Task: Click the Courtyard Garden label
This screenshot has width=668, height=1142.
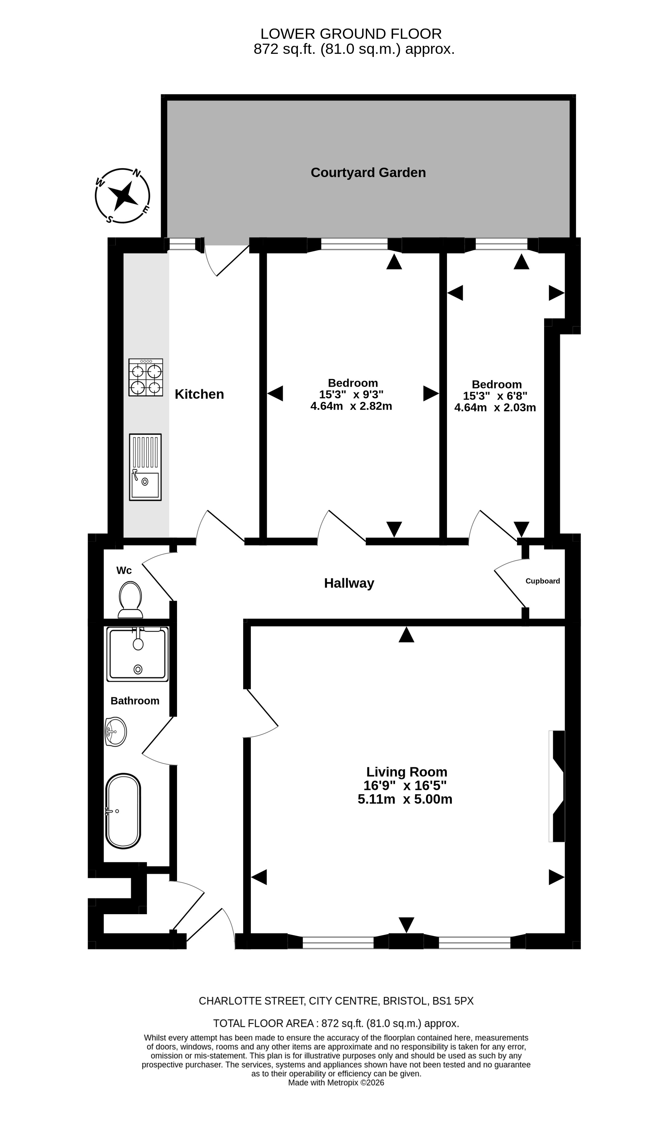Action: pos(368,173)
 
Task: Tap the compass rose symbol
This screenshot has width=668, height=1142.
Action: pos(122,196)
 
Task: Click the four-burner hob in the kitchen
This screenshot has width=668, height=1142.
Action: pos(145,377)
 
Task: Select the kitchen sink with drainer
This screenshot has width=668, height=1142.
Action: pos(145,467)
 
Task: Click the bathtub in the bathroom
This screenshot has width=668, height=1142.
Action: pos(123,811)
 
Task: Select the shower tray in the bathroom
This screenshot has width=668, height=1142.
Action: pos(137,654)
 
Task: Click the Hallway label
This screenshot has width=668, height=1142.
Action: pos(349,583)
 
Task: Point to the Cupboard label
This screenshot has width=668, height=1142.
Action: pos(543,581)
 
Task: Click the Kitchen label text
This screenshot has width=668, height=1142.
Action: pos(200,394)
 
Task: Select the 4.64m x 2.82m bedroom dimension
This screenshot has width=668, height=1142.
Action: pos(351,406)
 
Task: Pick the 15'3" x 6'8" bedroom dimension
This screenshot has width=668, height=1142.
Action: pos(495,396)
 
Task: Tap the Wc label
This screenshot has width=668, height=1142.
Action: pos(124,571)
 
